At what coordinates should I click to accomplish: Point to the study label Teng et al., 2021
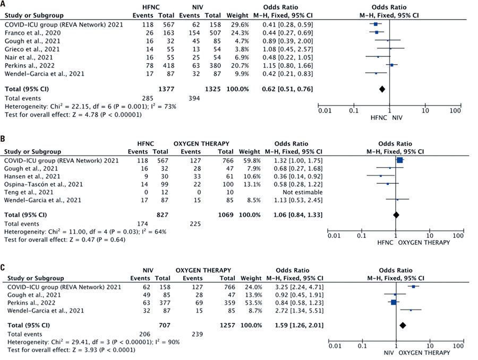(x=27, y=192)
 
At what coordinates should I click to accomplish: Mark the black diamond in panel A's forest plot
(x=382, y=88)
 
